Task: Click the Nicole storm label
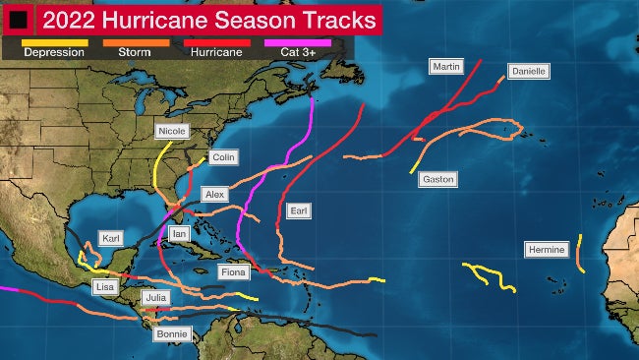coord(171,131)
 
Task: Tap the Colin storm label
coord(223,157)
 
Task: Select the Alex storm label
coord(214,195)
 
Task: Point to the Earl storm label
coord(299,211)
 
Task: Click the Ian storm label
coord(179,234)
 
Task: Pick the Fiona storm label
coord(233,271)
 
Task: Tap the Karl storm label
coord(111,239)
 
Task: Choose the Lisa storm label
coord(105,286)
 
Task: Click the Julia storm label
coord(155,297)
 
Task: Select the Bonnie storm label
coord(171,334)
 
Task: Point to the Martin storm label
coord(445,67)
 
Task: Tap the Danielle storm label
coord(528,72)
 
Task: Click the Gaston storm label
coord(436,180)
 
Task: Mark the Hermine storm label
coord(546,250)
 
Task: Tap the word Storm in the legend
coord(133,52)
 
